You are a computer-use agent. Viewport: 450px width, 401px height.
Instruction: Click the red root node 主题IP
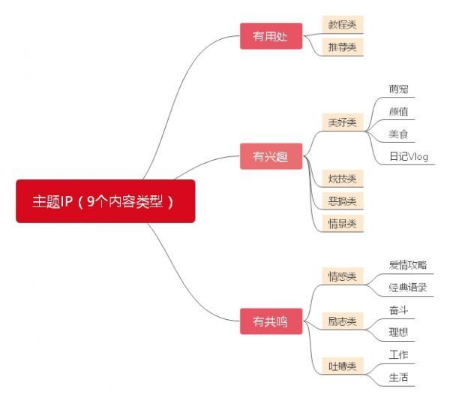point(105,201)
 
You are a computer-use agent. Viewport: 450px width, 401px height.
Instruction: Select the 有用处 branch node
point(271,36)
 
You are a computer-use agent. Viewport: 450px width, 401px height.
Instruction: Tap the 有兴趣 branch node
point(271,157)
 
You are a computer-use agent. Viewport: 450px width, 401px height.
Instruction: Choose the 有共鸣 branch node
point(271,322)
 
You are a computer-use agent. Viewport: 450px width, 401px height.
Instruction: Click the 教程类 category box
point(342,25)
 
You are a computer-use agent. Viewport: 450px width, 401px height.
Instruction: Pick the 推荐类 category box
point(342,47)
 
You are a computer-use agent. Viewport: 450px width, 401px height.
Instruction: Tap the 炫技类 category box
point(342,179)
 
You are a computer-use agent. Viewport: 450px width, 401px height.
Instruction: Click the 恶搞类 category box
point(342,201)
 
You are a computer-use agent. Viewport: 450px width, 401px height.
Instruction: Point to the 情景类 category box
point(342,223)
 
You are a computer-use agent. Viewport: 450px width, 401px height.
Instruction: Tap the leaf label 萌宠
point(398,89)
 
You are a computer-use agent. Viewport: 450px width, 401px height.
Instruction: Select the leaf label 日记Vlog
point(408,156)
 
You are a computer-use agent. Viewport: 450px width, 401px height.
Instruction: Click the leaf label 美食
point(398,134)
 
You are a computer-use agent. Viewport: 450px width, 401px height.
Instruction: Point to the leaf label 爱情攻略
point(408,265)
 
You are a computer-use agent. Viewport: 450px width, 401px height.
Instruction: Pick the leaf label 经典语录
point(408,288)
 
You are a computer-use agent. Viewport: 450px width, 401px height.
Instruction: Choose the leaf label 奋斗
point(398,310)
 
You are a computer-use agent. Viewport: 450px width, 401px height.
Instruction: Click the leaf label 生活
point(398,378)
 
